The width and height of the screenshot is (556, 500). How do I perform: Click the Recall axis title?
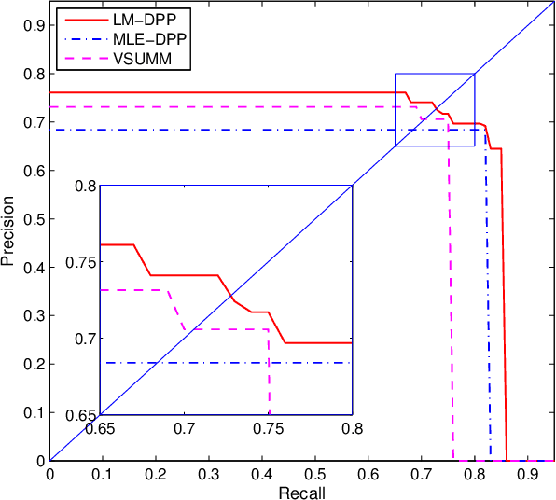pos(300,491)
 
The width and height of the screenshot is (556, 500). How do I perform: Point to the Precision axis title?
pos(9,229)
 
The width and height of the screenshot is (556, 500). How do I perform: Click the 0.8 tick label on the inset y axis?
pos(84,187)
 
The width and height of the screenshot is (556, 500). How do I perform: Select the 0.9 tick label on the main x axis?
pos(528,473)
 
